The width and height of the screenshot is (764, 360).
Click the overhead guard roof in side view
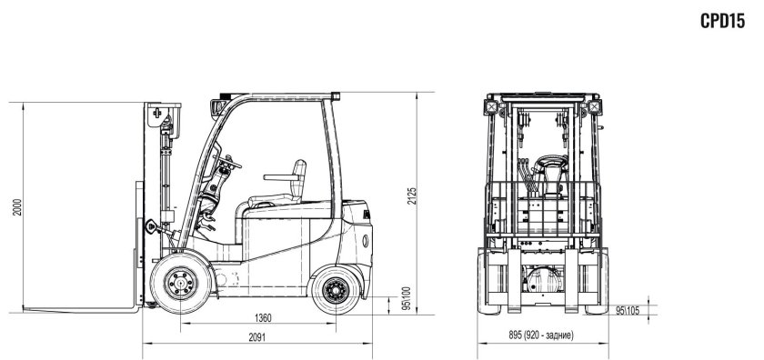point(277,93)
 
